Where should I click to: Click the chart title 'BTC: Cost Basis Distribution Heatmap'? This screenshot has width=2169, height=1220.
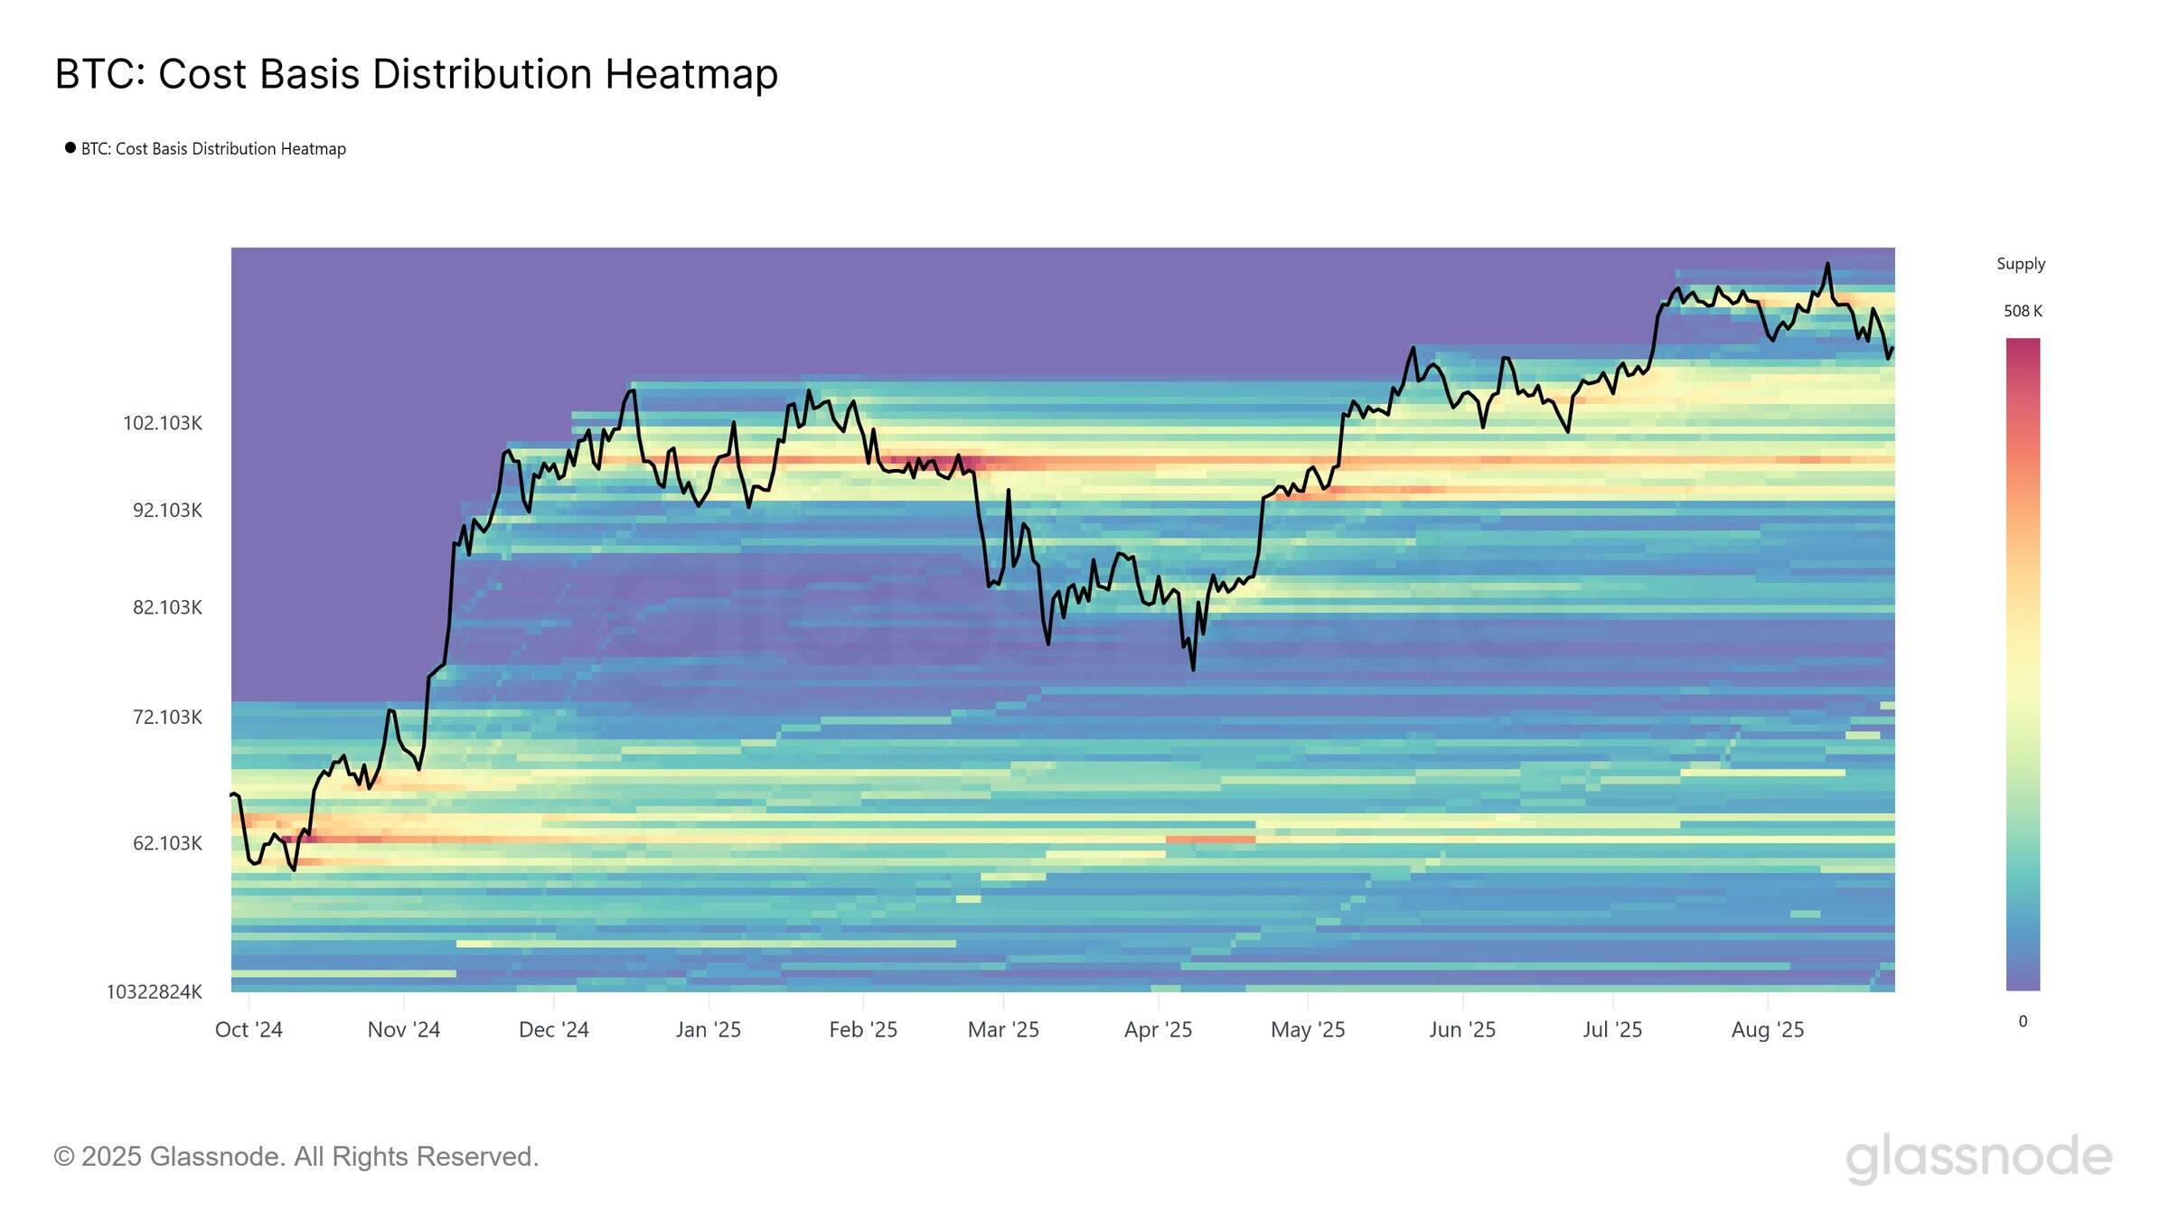(x=416, y=74)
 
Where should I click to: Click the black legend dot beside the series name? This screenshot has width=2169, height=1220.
(x=70, y=148)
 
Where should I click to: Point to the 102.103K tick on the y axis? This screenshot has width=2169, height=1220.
(x=163, y=423)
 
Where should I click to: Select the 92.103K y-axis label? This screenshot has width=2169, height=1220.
(x=167, y=511)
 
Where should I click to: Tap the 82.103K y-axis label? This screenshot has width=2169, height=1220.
(x=167, y=607)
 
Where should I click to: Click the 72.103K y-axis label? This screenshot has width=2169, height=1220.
(x=167, y=718)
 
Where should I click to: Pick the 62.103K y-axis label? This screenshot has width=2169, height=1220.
(x=167, y=843)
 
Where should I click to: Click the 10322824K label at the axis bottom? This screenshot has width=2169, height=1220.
(x=155, y=992)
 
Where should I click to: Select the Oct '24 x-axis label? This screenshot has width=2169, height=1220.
(x=249, y=1030)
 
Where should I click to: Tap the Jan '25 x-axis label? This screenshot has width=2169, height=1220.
(x=709, y=1030)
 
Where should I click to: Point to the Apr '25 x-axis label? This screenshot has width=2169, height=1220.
(x=1158, y=1030)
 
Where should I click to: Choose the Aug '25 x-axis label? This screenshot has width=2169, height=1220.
(x=1768, y=1030)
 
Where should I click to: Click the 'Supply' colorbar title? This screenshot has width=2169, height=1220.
(x=2021, y=264)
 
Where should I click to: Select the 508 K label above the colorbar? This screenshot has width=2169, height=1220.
(x=2023, y=311)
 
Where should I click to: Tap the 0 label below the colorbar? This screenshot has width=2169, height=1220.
(x=2023, y=1021)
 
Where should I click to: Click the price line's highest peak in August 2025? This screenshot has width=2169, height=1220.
(x=1827, y=264)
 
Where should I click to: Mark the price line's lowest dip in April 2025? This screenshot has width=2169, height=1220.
(x=1193, y=669)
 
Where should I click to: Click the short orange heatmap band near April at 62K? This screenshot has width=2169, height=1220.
(x=1210, y=840)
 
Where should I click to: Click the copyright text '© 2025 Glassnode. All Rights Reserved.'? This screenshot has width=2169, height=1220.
(x=296, y=1157)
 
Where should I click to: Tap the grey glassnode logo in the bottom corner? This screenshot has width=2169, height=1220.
(x=1978, y=1158)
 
